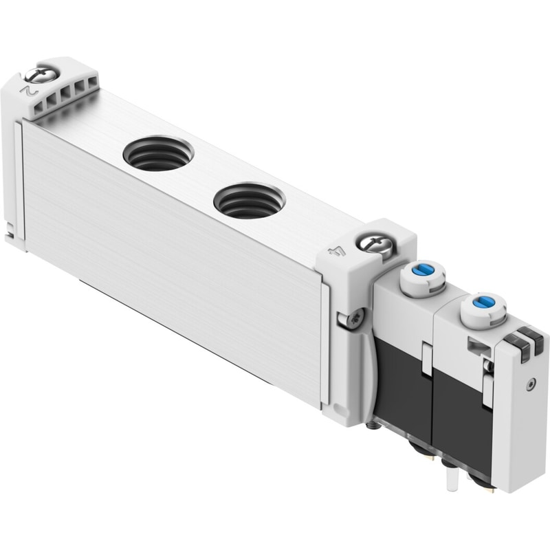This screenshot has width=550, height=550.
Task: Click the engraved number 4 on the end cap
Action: coord(336,252)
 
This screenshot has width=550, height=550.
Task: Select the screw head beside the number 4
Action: coord(374,244)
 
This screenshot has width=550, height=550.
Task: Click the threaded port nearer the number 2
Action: coord(158,154)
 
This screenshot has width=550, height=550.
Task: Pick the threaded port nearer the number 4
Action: coord(250,201)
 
